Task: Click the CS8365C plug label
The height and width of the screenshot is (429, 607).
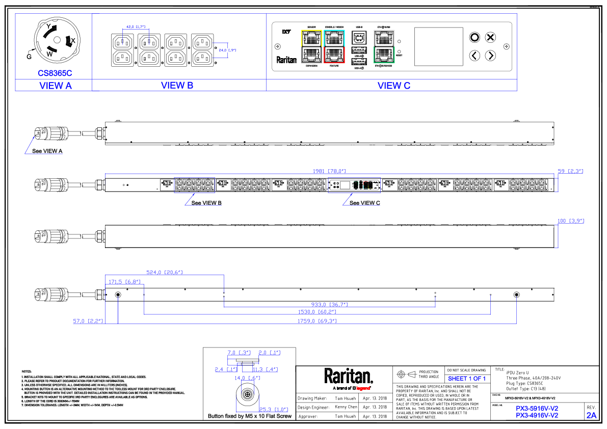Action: (55, 73)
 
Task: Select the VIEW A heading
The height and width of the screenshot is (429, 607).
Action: (56, 86)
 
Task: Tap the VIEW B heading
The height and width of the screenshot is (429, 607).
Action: (177, 85)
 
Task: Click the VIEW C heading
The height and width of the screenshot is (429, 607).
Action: (393, 86)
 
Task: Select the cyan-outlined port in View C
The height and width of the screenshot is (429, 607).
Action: (334, 37)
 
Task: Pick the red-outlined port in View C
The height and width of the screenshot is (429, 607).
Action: (334, 54)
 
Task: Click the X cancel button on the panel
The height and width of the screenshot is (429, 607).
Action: (490, 37)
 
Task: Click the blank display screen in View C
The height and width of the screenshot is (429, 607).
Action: (438, 46)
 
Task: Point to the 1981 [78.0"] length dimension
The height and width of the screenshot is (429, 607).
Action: (329, 172)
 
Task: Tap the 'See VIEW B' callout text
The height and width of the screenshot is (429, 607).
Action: (206, 203)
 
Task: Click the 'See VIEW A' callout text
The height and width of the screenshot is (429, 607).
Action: (47, 151)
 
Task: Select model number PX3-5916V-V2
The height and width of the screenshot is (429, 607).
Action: (537, 408)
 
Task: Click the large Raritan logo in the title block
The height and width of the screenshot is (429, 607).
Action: (349, 377)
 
